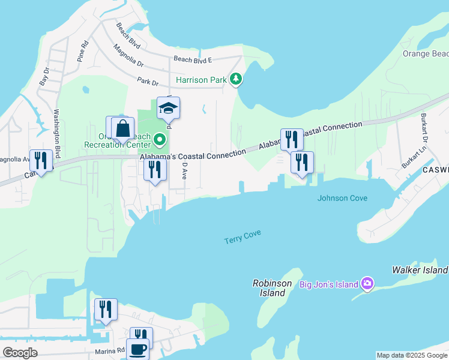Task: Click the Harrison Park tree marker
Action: [237, 79]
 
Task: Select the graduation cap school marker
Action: [169, 108]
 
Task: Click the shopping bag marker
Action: [123, 128]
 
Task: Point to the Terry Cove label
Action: [243, 238]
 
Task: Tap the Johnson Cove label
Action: [342, 198]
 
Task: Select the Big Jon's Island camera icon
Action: [367, 284]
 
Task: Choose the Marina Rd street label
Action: [109, 350]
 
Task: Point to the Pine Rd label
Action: [83, 52]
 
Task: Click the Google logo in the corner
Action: [20, 353]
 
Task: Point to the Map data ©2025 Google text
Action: [412, 355]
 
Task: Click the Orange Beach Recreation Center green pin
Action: [159, 140]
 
